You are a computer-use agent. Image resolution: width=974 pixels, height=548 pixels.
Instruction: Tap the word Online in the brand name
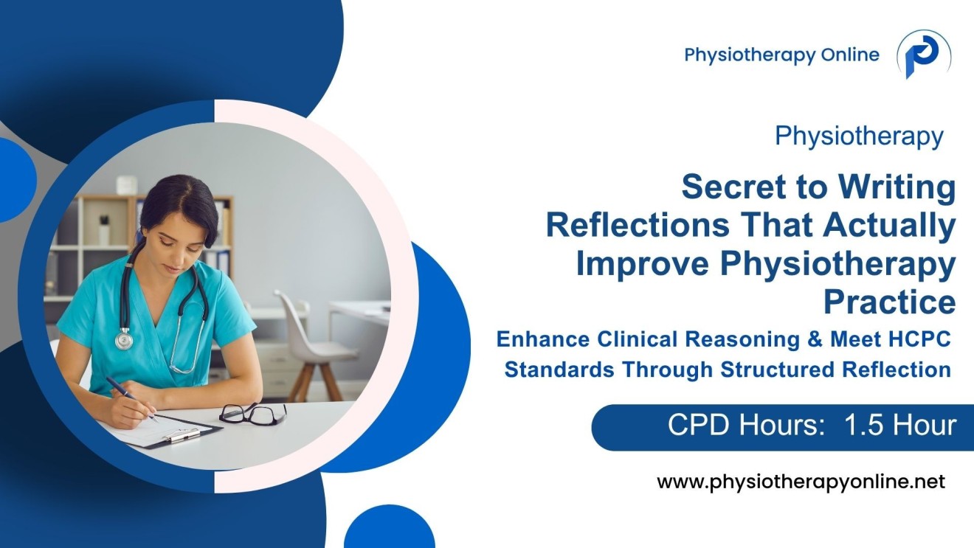[x=849, y=55]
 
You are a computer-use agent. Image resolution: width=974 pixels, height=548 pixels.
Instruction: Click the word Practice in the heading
[x=889, y=302]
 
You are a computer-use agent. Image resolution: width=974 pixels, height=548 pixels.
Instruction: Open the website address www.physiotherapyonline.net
[x=801, y=482]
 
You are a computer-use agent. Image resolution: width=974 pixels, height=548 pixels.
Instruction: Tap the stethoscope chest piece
[x=124, y=340]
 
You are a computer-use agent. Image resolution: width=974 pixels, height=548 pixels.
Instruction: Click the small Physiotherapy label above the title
[x=859, y=136]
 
